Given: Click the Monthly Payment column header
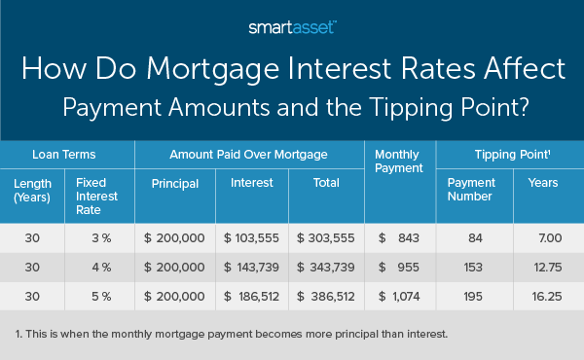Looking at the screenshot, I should point(399,161).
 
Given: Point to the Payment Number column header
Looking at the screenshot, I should point(470,191).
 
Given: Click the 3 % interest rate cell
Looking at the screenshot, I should point(94,236).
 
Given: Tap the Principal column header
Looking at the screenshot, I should point(175,184).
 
